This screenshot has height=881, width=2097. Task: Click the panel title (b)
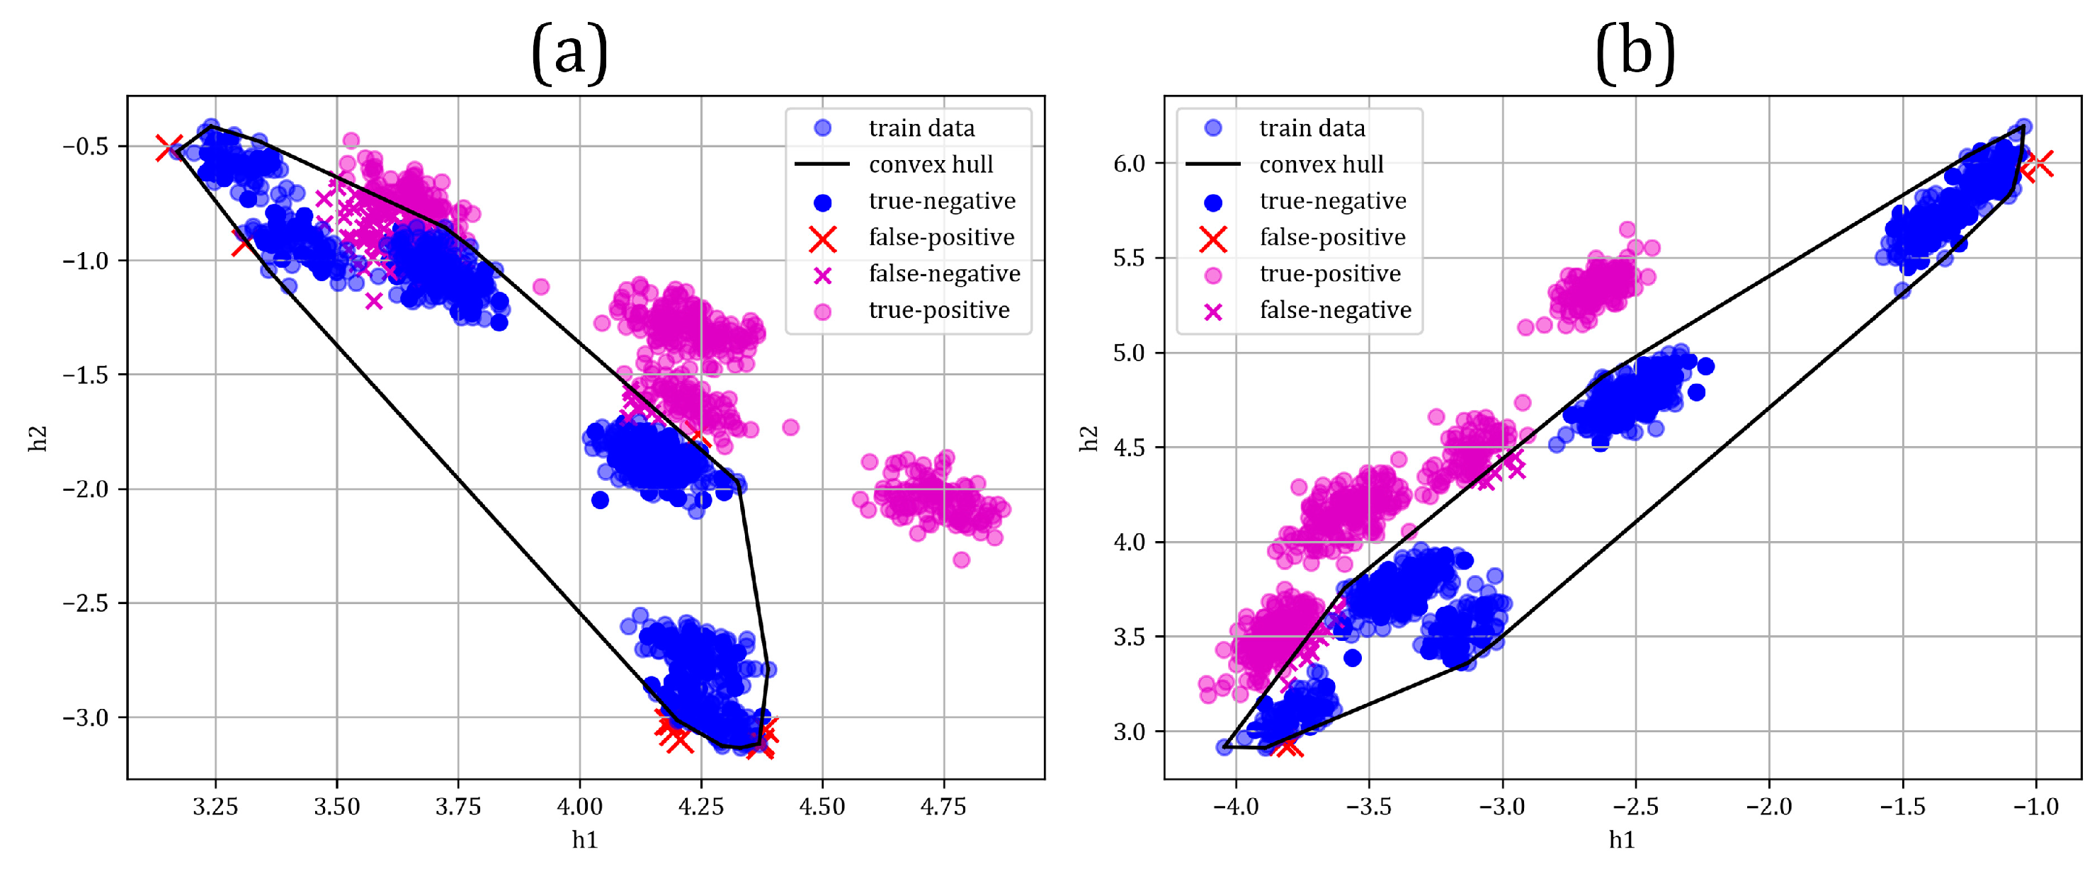1635,52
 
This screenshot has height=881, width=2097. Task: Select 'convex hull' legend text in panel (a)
931,164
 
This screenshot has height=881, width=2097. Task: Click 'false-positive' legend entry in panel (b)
1332,237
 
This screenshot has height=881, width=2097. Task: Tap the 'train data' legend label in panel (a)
921,128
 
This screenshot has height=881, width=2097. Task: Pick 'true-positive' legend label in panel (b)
1329,273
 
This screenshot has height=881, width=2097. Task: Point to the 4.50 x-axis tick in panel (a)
822,806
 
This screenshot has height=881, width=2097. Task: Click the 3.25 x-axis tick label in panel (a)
215,806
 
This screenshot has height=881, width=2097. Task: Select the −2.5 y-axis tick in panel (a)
86,603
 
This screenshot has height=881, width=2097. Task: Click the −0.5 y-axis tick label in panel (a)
86,147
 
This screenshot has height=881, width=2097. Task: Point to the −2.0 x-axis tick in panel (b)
1768,806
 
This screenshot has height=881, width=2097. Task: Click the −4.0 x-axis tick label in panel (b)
1235,806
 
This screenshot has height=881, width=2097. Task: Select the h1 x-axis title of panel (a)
584,839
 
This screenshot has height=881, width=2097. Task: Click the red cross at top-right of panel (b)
2038,165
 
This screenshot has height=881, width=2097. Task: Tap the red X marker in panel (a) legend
822,239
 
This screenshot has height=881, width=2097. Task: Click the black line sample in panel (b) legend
1212,164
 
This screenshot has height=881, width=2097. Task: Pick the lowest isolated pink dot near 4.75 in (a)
962,560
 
